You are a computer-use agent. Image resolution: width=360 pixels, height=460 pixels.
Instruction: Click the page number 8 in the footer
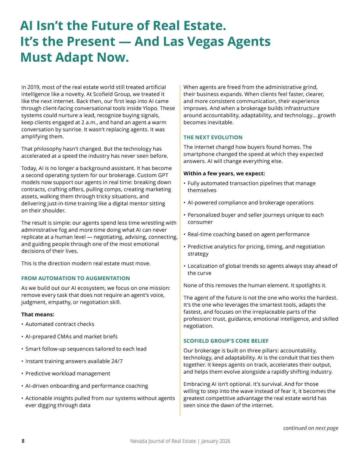(23, 441)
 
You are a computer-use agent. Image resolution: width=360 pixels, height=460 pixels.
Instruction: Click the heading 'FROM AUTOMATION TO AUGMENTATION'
(76, 278)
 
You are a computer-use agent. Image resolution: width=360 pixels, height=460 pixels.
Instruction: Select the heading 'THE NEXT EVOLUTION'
(213, 138)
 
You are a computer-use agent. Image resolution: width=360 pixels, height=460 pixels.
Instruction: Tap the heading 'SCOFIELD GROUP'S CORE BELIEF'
(226, 341)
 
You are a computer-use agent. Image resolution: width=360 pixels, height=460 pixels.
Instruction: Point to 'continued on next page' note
(310, 428)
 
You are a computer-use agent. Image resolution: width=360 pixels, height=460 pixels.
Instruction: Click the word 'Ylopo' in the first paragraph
(159, 108)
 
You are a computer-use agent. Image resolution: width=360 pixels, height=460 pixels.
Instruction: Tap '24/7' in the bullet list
(117, 361)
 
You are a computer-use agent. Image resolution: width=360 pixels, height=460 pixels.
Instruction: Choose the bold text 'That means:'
(38, 314)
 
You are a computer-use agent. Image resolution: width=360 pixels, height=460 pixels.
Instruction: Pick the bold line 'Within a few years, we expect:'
(224, 174)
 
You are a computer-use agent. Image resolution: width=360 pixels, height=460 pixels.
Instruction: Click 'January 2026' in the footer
(216, 441)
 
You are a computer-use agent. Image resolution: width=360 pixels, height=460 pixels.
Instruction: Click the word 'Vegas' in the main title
(205, 41)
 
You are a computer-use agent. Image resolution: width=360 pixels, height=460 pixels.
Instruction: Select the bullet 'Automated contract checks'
(60, 324)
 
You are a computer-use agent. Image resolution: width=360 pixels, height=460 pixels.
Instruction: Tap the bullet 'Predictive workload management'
(68, 373)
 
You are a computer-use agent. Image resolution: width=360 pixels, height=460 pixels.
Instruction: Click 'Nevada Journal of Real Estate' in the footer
(163, 441)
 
